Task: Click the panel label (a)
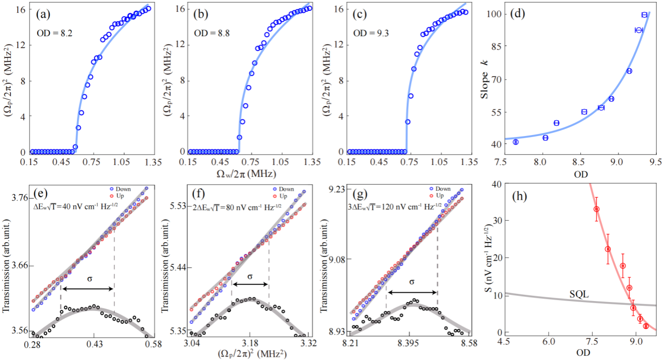click(x=42, y=14)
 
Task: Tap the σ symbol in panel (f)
click(x=250, y=277)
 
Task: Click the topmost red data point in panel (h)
click(x=596, y=209)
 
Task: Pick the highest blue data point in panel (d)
click(x=644, y=14)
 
